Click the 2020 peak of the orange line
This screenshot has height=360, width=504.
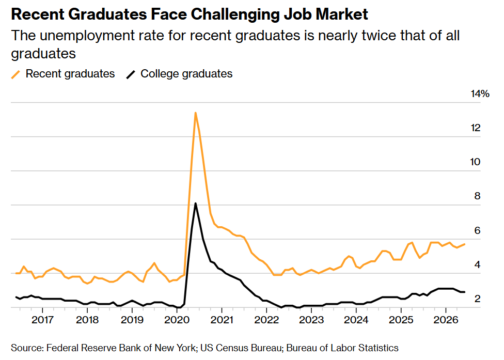(x=195, y=113)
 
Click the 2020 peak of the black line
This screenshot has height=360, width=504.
(x=195, y=204)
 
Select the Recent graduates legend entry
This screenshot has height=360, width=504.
(x=63, y=74)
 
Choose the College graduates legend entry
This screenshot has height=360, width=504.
(x=179, y=74)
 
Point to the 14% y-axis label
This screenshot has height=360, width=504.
(x=480, y=94)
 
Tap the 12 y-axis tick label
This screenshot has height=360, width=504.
(x=476, y=128)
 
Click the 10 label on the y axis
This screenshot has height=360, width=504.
(x=476, y=162)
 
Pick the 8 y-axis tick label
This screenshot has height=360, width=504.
(x=477, y=196)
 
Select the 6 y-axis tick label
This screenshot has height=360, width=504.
(x=477, y=230)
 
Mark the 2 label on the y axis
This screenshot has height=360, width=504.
(x=477, y=299)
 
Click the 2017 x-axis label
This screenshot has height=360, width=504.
(x=42, y=320)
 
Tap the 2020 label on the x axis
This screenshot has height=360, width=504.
(x=177, y=320)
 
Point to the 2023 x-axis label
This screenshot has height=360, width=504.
(x=311, y=320)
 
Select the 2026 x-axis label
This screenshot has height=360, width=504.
(x=446, y=320)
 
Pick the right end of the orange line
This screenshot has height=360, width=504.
(x=464, y=244)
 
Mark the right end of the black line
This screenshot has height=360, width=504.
(x=464, y=292)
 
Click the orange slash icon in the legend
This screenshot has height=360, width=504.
(x=15, y=74)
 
